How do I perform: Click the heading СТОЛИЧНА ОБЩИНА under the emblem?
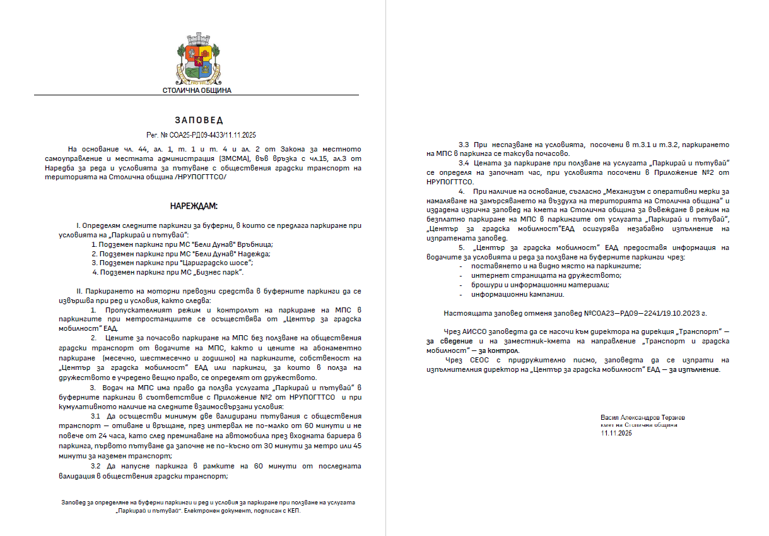pos(197,90)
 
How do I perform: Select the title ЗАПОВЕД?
pos(199,120)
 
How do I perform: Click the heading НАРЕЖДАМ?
pos(193,206)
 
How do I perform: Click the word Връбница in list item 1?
pos(258,244)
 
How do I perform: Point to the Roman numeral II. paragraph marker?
pos(79,291)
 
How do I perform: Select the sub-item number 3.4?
pos(464,163)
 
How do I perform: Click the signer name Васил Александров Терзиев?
pos(642,418)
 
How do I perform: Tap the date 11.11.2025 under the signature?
pos(616,433)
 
